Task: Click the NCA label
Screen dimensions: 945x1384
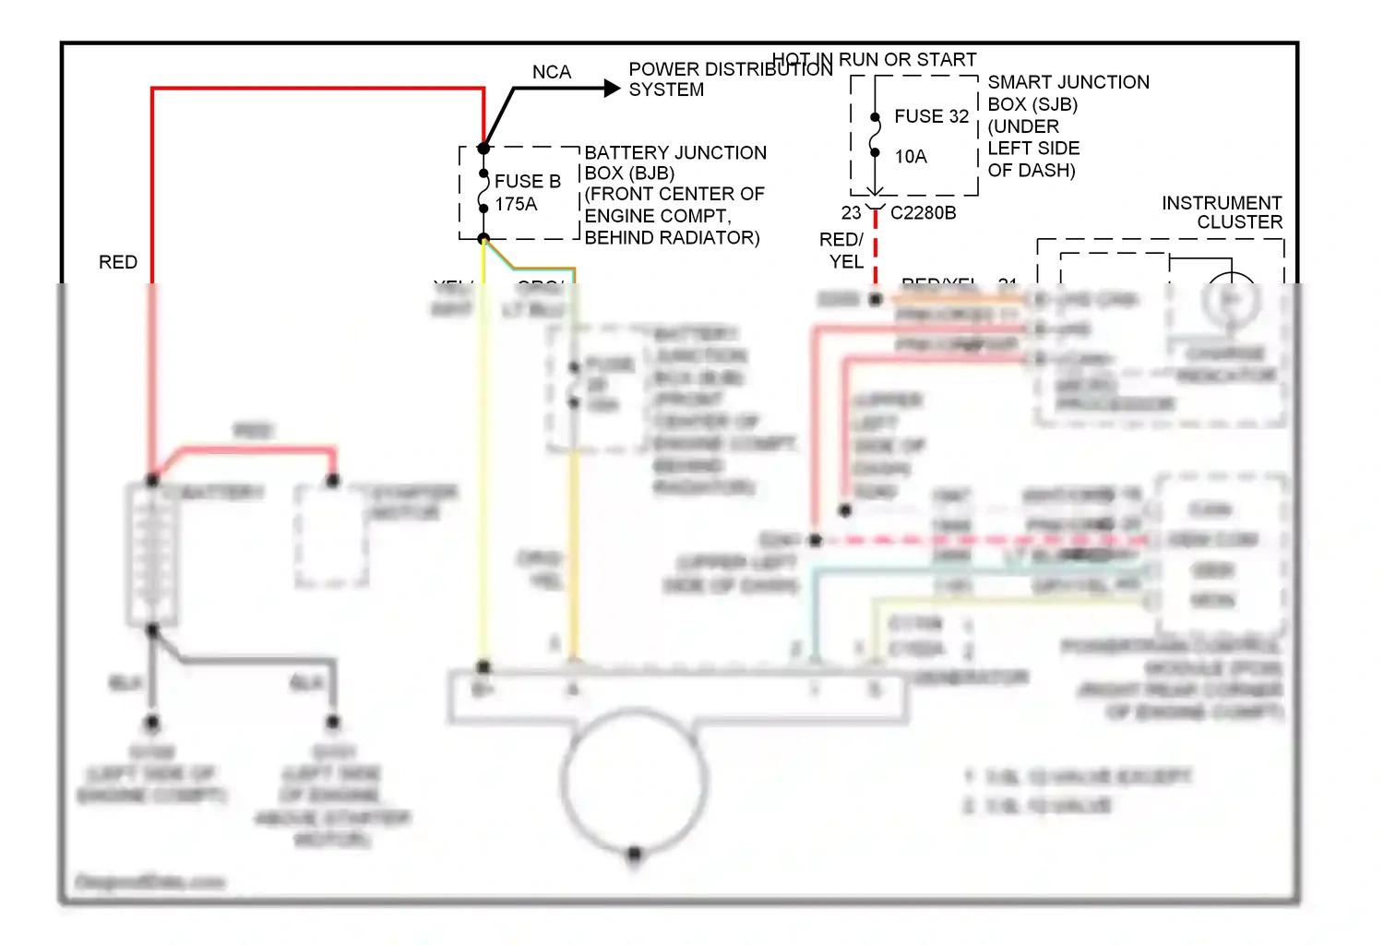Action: (x=551, y=72)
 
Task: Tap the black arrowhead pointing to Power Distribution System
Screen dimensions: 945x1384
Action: (x=612, y=89)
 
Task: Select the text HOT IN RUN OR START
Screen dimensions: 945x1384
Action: (x=874, y=60)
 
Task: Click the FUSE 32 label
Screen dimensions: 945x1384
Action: (x=931, y=116)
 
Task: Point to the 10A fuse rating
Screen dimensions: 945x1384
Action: (x=911, y=157)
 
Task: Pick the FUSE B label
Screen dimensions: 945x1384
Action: (x=528, y=181)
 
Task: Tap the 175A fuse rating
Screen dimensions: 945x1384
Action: (x=516, y=204)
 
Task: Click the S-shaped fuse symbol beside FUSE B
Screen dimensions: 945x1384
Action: (x=483, y=191)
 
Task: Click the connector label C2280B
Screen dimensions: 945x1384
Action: (x=923, y=213)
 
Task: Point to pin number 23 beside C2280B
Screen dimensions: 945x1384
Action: (x=851, y=213)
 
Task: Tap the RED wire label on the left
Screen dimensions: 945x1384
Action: (x=118, y=262)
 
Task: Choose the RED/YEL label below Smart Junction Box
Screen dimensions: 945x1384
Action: (x=842, y=250)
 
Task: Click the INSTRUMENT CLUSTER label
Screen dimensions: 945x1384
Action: (x=1222, y=212)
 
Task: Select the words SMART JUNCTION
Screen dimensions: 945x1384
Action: (x=1068, y=82)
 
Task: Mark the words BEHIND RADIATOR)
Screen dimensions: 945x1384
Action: (x=672, y=238)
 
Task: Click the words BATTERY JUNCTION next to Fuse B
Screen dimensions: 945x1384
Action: (x=675, y=152)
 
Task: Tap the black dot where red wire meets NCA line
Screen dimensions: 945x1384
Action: (x=483, y=148)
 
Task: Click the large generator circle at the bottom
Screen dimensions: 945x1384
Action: (x=634, y=781)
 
